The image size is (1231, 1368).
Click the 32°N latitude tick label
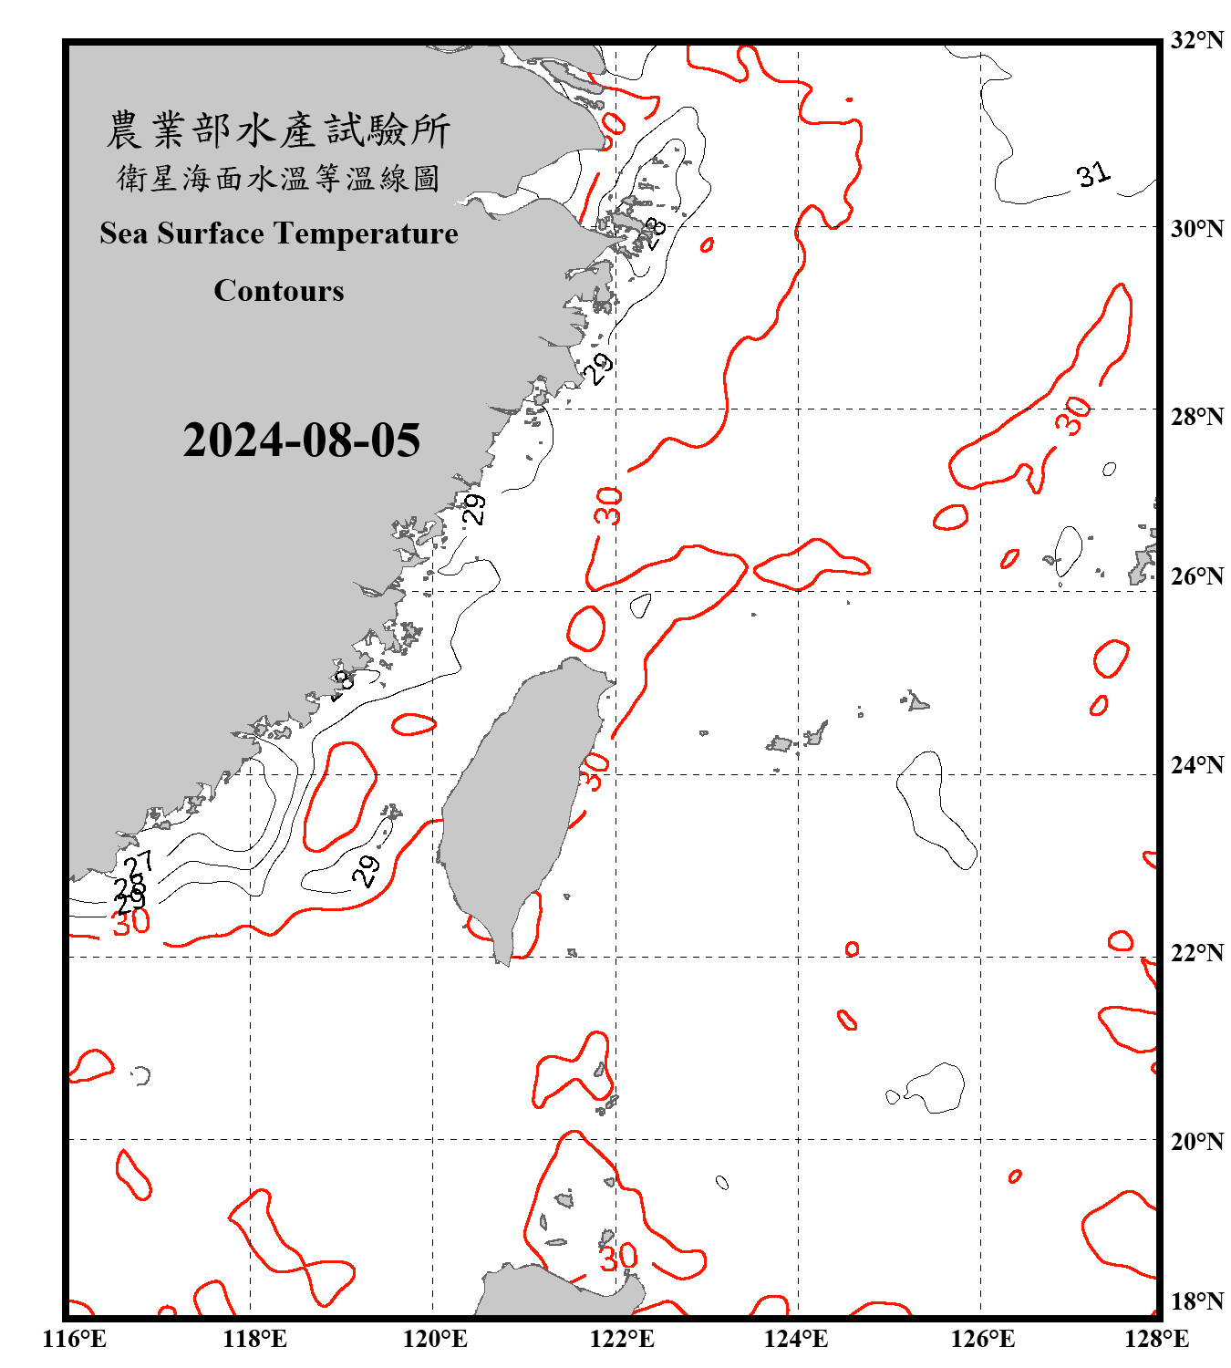(1196, 40)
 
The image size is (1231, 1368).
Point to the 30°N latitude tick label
(1196, 228)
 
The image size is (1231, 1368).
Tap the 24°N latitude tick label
(1196, 764)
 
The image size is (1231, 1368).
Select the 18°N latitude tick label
(1196, 1301)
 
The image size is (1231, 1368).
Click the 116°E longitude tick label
(75, 1339)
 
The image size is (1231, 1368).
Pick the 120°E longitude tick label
(435, 1339)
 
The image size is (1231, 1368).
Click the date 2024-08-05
(301, 440)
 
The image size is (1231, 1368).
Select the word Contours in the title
(279, 291)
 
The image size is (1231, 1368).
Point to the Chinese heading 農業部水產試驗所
(278, 130)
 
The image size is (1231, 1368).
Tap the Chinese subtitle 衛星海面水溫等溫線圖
(278, 178)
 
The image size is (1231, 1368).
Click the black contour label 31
(1093, 174)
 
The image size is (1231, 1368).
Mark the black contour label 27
(139, 862)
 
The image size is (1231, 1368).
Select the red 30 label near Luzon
(618, 1257)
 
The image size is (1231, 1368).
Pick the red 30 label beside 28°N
(1073, 416)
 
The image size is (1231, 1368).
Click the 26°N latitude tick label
(1196, 576)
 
